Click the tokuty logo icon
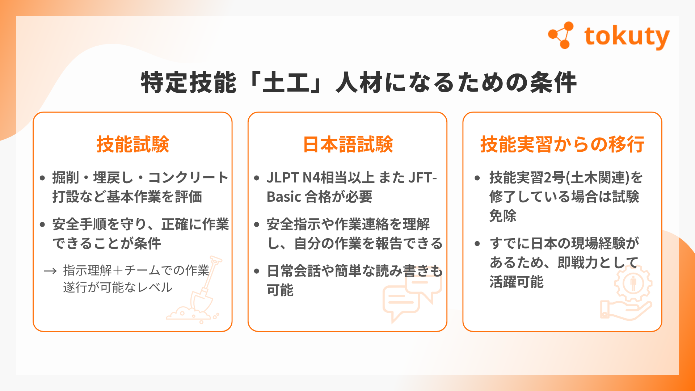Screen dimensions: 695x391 561,35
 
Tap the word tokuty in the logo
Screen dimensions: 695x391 627,37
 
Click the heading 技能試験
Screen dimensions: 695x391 133,144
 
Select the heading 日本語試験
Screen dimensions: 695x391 348,144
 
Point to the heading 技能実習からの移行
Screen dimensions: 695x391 562,144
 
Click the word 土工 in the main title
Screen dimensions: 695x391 286,83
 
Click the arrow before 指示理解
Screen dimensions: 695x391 50,271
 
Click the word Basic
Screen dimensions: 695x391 284,197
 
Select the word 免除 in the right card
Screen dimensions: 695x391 503,216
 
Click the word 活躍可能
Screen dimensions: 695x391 517,282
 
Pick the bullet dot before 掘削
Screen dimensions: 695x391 42,178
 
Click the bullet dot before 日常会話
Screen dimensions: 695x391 257,271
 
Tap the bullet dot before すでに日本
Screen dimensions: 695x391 477,244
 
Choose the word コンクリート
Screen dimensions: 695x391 188,178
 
